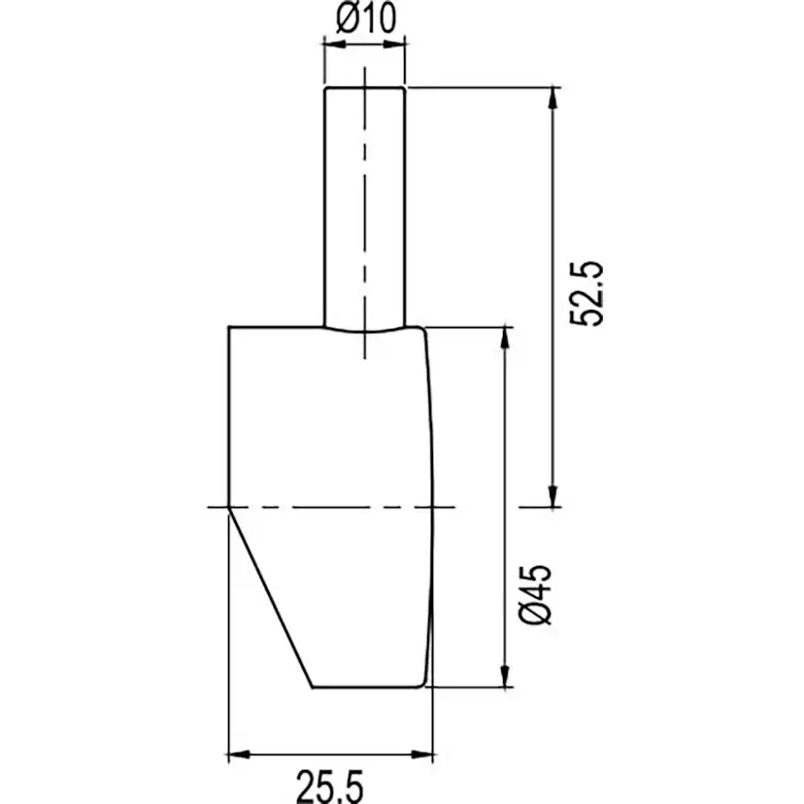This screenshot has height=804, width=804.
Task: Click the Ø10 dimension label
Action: click(x=366, y=18)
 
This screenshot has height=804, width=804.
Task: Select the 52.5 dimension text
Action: click(x=586, y=293)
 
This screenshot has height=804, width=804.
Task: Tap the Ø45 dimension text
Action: click(x=535, y=595)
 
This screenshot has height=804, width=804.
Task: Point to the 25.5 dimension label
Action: click(x=330, y=787)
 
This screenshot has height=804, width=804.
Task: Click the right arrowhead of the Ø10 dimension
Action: click(x=394, y=44)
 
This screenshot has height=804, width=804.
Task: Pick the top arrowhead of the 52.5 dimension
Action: click(x=553, y=98)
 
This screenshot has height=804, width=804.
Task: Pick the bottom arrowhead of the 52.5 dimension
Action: click(x=553, y=496)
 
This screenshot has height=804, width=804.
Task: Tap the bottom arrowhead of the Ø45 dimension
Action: click(x=505, y=676)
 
